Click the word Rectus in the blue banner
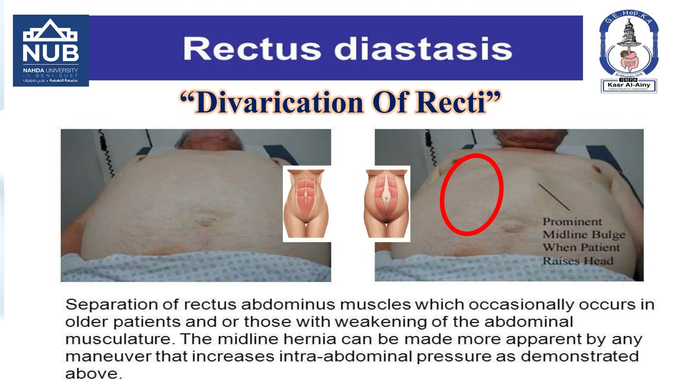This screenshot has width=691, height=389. point(252,49)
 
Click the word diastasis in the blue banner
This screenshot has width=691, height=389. point(423,49)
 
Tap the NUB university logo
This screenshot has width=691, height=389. point(51,51)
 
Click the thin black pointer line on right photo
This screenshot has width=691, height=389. point(554,197)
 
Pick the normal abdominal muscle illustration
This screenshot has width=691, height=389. point(306,204)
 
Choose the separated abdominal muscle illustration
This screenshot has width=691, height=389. point(387,204)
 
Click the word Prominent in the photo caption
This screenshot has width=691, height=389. point(572,222)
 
